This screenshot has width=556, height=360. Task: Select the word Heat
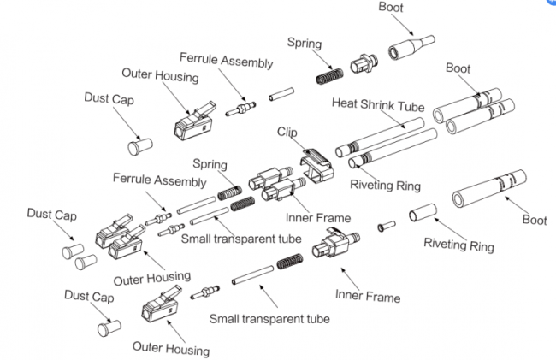pos(344,104)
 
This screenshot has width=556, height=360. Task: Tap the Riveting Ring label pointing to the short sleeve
pos(458,245)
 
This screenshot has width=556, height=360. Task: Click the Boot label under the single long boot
pos(535,220)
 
